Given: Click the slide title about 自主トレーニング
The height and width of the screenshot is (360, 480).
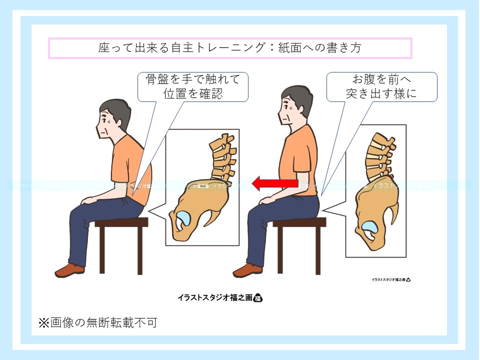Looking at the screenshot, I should (x=229, y=48).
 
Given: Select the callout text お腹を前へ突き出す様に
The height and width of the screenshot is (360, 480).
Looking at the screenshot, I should (x=381, y=86).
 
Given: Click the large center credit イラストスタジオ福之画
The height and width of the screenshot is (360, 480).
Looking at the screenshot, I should (x=220, y=297).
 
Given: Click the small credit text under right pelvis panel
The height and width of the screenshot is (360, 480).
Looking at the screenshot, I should (x=390, y=280).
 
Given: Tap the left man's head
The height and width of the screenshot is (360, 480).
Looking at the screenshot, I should (x=112, y=120).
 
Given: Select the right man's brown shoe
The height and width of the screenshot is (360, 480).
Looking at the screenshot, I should (x=247, y=270).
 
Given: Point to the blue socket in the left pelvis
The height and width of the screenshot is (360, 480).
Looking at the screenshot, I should (x=182, y=218).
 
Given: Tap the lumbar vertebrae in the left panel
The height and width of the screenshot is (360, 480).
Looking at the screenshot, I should (x=222, y=157).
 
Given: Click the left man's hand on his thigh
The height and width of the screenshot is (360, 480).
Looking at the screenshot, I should (x=90, y=200).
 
